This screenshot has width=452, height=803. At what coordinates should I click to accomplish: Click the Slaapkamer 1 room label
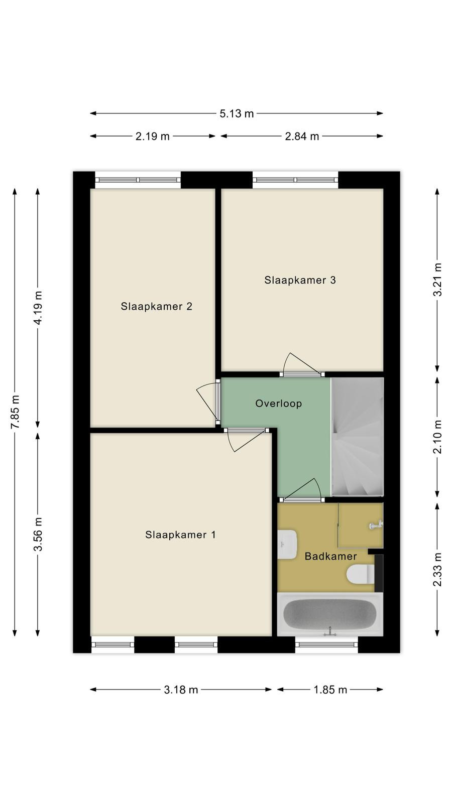click(180, 535)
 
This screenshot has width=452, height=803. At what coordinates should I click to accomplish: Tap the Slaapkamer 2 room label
click(156, 307)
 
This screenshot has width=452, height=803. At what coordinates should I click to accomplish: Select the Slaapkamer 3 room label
click(300, 280)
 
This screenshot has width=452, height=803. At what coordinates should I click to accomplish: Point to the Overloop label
click(278, 404)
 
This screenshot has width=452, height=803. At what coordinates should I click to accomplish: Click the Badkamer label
click(330, 557)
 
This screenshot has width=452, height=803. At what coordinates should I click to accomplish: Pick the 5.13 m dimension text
click(237, 113)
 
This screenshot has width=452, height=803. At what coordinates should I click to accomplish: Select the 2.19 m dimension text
click(153, 136)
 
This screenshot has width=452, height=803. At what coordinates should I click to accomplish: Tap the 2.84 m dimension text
click(302, 136)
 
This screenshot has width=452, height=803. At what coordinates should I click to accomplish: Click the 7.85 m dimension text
click(15, 412)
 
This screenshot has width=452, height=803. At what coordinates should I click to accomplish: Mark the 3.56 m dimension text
click(38, 534)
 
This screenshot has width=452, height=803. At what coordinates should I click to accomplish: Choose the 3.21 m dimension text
click(437, 280)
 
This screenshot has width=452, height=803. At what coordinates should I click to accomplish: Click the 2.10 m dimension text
click(437, 437)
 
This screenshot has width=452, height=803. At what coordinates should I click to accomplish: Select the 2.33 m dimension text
click(437, 570)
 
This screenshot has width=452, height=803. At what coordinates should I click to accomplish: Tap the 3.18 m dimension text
click(181, 690)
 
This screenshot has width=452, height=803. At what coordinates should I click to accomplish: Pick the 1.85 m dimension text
click(330, 690)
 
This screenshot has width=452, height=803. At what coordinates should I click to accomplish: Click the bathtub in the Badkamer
click(330, 614)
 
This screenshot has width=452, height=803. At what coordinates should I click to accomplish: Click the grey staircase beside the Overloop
click(358, 437)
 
